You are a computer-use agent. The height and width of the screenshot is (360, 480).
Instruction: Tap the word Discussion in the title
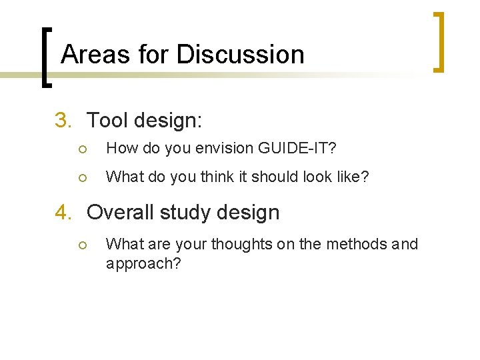tap(241, 54)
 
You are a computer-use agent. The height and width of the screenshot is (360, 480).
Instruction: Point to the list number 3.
tap(63, 121)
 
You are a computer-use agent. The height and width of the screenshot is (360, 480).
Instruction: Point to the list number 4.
tap(63, 213)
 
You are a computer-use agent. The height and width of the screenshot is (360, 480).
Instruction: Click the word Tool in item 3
tap(107, 121)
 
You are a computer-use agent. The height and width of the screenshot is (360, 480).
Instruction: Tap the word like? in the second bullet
tap(351, 177)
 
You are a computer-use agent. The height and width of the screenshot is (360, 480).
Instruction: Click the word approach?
tap(143, 264)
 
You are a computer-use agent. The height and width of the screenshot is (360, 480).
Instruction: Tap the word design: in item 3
tap(168, 121)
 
